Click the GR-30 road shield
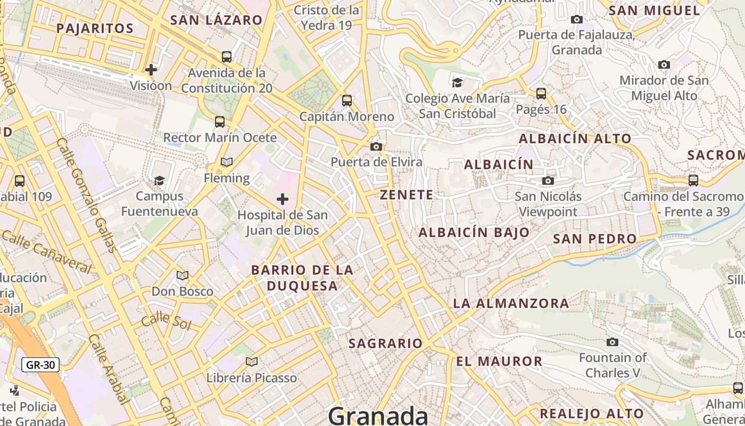(x=40, y=365)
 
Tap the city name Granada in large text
(x=378, y=415)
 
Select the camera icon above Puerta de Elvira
(x=376, y=146)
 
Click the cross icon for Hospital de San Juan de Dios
(x=283, y=199)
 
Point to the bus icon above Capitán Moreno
(x=347, y=100)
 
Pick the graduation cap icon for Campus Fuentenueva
(x=159, y=181)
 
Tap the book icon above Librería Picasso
(x=252, y=362)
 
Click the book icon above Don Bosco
(x=183, y=275)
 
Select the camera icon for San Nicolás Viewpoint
(x=548, y=181)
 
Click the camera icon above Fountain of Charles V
(x=612, y=342)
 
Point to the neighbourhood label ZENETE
(x=407, y=195)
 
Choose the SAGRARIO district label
(x=385, y=343)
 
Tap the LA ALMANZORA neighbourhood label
(x=511, y=304)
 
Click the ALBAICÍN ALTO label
(x=575, y=138)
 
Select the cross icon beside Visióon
(x=151, y=69)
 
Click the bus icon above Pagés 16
(x=541, y=94)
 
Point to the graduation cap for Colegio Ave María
(x=457, y=82)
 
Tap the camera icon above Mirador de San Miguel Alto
(x=664, y=64)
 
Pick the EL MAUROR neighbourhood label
(x=499, y=361)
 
